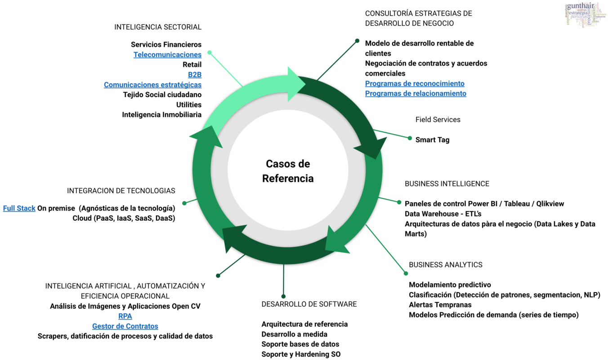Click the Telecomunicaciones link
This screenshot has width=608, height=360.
click(167, 54)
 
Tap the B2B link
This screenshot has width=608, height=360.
click(194, 75)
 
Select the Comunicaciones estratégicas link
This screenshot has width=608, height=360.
click(152, 85)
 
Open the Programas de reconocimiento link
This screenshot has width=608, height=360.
click(415, 84)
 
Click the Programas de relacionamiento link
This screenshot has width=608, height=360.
click(416, 94)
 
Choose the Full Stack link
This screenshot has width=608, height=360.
click(19, 208)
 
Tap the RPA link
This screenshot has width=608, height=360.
click(125, 316)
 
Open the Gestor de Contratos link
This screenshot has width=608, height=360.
click(125, 326)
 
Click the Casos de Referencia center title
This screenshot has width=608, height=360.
click(288, 171)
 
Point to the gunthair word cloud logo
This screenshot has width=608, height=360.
click(585, 15)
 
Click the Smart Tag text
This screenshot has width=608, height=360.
click(432, 140)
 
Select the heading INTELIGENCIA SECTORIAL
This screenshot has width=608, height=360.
click(158, 27)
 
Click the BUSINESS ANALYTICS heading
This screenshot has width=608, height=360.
click(445, 265)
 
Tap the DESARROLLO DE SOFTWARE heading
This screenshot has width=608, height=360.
click(309, 304)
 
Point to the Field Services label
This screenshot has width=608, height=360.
click(438, 120)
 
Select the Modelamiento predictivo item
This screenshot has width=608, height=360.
click(450, 285)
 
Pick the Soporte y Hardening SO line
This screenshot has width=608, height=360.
click(301, 354)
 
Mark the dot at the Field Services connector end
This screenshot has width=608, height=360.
click(410, 138)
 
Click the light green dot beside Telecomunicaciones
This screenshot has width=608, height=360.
click(210, 53)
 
